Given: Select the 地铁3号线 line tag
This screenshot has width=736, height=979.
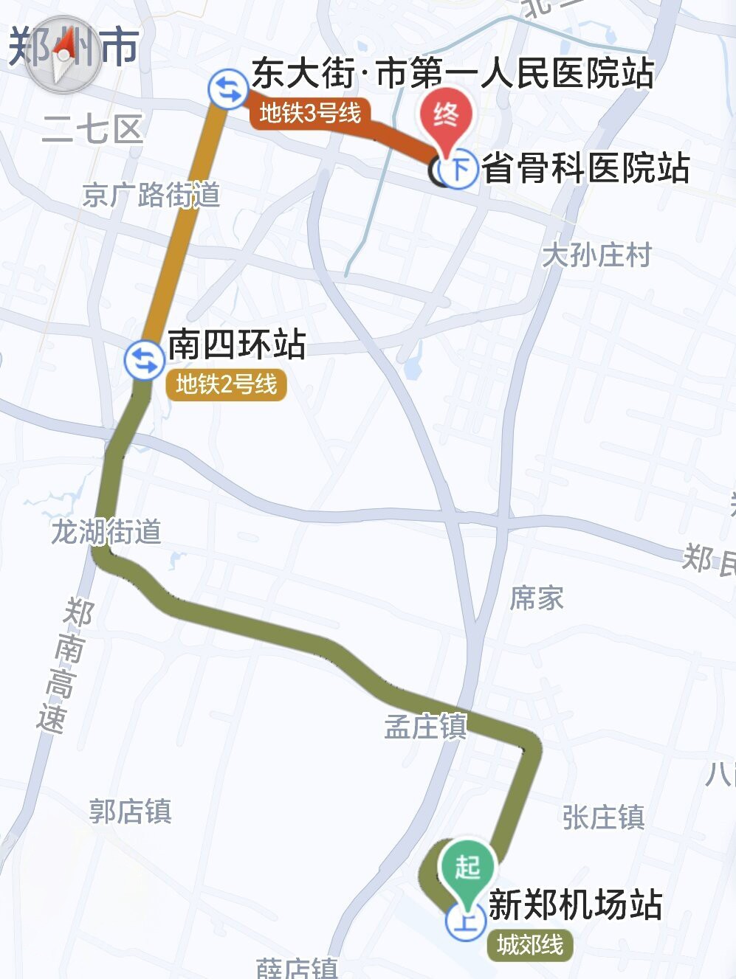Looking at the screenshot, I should (x=310, y=114).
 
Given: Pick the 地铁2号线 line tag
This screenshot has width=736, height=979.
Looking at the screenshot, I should (x=226, y=384).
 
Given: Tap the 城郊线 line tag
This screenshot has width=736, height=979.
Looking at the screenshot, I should (x=530, y=944).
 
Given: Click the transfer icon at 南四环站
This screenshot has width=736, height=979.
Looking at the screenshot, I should (x=143, y=360).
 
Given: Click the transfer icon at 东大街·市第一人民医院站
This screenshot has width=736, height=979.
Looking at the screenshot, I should (x=228, y=89).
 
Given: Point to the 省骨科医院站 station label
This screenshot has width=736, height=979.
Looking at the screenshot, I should (x=585, y=169).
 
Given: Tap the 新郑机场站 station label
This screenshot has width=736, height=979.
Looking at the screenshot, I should (x=575, y=905).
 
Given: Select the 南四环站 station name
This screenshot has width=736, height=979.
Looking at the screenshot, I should (x=236, y=345).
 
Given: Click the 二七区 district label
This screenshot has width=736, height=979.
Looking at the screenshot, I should (x=92, y=130).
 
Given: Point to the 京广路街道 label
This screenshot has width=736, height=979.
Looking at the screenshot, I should (x=151, y=196).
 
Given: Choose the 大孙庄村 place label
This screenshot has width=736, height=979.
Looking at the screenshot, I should (x=596, y=255).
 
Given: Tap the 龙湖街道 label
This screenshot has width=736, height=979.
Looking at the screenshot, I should (x=106, y=531).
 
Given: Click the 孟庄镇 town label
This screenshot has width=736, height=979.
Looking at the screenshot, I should (x=426, y=727).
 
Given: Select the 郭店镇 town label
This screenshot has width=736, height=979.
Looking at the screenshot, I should (x=131, y=812).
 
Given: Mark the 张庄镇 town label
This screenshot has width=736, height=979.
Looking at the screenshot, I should (x=603, y=817).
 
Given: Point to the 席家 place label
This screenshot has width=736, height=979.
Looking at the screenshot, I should (x=537, y=598).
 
